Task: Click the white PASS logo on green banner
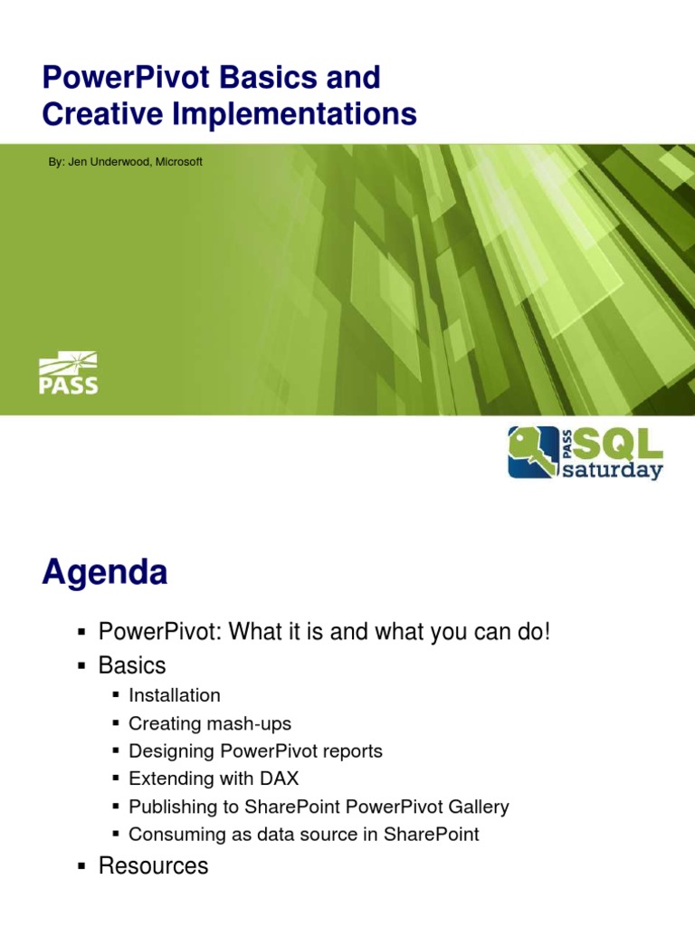coord(68,374)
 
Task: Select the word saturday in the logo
coord(613,471)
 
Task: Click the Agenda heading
coord(104,573)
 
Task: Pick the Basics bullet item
coord(132,665)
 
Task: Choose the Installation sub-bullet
coord(175,695)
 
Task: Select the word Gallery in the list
coord(477,807)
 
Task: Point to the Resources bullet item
coord(153,865)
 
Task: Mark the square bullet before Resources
coord(81,866)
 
